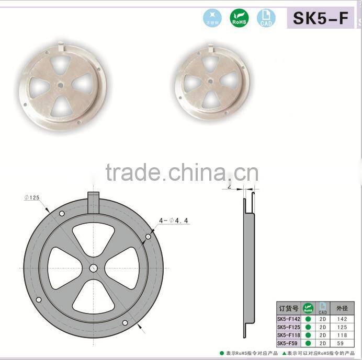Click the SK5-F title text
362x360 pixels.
tap(320, 18)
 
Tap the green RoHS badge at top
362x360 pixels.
tap(240, 18)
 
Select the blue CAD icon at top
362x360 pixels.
tap(266, 18)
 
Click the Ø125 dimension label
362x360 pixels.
tap(32, 198)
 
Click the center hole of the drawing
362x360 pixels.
tap(93, 268)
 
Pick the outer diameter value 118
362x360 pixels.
tap(342, 335)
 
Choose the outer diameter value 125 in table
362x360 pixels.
tap(342, 327)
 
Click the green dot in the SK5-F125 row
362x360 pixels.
tap(308, 327)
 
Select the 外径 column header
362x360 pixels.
tap(342, 308)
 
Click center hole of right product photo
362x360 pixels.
tap(210, 81)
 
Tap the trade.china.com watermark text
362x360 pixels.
tap(182, 172)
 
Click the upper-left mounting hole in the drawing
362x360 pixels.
tap(62, 215)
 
